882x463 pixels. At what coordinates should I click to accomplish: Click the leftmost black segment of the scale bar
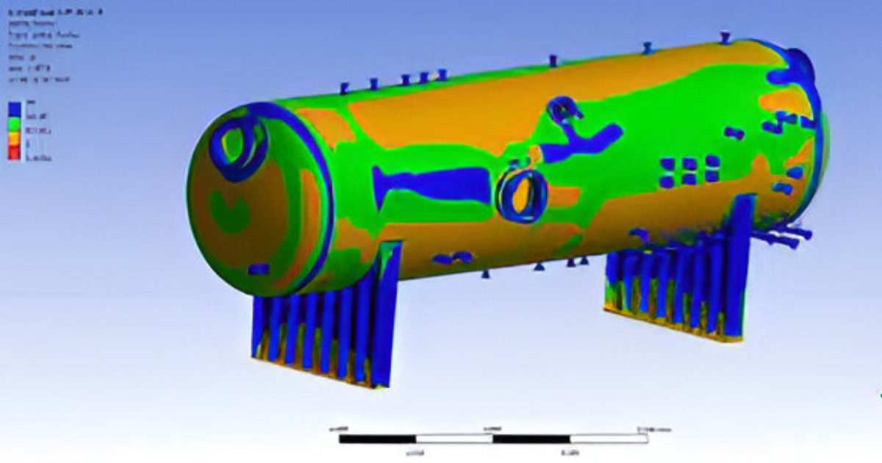[x=377, y=439]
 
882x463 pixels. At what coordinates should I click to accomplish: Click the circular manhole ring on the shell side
[x=522, y=195]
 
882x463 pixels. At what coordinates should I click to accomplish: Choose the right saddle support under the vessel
[x=680, y=283]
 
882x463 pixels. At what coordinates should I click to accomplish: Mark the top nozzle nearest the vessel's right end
[x=725, y=37]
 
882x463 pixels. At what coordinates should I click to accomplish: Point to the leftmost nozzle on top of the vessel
[x=344, y=88]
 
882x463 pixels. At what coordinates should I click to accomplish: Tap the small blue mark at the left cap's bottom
[x=258, y=270]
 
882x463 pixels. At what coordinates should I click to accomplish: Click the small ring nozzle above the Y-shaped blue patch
[x=562, y=109]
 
